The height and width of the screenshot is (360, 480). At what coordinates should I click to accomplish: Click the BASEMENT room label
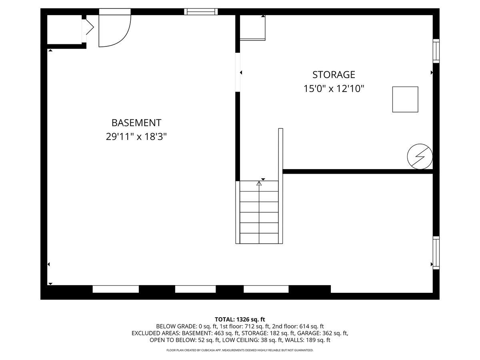point(136,123)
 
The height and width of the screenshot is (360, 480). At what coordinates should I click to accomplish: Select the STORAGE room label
point(334,75)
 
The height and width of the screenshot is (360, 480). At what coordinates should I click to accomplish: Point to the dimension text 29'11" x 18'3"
point(136,137)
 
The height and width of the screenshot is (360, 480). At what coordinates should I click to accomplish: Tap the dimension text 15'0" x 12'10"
point(334,89)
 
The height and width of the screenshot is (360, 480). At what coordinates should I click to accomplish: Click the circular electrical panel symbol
point(420,156)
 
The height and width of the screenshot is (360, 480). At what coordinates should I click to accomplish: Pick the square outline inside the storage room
point(405,100)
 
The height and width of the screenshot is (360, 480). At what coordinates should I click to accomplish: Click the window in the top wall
point(201,12)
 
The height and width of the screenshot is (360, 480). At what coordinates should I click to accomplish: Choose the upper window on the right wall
point(436,51)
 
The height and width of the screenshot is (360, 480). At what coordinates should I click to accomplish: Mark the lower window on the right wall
point(436,253)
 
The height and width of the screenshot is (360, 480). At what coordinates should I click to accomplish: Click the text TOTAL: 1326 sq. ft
point(240,319)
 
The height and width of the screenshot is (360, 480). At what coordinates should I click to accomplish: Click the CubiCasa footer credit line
point(240,350)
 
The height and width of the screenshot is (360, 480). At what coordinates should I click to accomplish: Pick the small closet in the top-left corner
point(64,29)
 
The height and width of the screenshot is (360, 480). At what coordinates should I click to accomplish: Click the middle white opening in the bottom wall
point(195,289)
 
